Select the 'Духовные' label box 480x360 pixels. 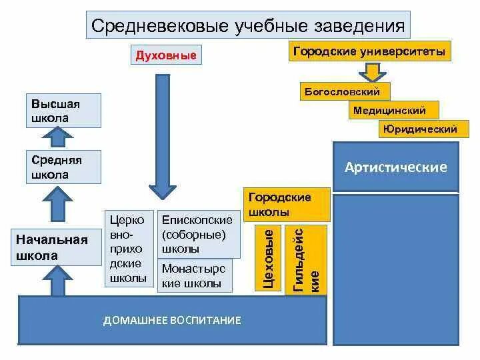tap(166, 55)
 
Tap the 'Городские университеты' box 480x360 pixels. tap(369, 51)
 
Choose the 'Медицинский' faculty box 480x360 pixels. tap(389, 111)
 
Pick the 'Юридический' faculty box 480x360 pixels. tap(419, 129)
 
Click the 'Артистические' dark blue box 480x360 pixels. tap(396, 167)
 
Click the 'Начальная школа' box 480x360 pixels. tap(51, 247)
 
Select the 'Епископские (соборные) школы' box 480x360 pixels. tap(197, 235)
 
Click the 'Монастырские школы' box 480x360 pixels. tap(194, 276)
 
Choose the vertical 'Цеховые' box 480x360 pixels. tap(268, 259)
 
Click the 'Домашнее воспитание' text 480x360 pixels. tap(172, 320)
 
